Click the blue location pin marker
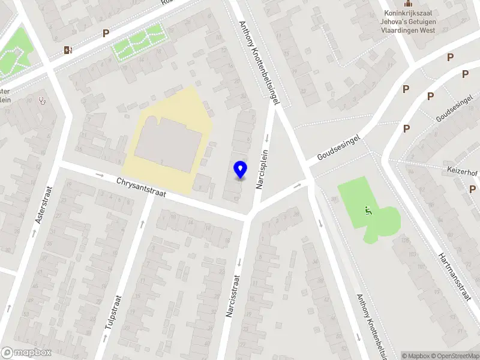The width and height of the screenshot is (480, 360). pos(240,170)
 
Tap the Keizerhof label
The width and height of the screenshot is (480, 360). pos(461,170)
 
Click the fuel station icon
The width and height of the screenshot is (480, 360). pos(68,50)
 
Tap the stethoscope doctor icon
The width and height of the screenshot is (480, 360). pos(41,100)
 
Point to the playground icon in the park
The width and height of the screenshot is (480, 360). pos(367,210)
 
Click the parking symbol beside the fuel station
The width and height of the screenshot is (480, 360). pos(106,34)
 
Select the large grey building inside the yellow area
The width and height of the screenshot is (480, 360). pos(168,144)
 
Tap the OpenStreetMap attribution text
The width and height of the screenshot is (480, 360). pos(453,356)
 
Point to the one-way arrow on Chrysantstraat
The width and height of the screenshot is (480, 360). pos(100,175)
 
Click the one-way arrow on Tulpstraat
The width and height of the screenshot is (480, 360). pos(142,223)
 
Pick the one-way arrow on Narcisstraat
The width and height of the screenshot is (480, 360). pos(239,261)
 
